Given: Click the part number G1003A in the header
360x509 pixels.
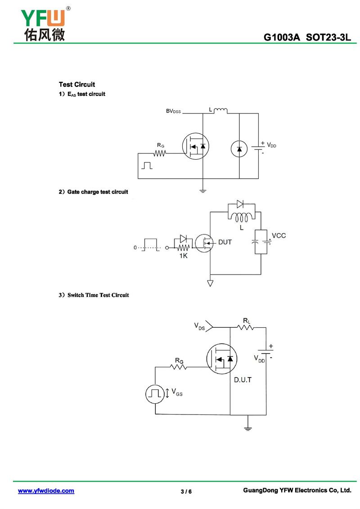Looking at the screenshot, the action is click(x=281, y=37).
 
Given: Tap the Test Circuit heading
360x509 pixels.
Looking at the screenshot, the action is click(x=77, y=85).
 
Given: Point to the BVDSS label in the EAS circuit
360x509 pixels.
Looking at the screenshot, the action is click(x=173, y=111).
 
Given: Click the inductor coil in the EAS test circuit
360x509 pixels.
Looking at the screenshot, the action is click(x=220, y=110).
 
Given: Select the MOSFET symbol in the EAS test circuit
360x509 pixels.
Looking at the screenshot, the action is click(x=195, y=146).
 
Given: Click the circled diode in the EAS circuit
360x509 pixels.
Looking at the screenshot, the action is click(x=239, y=149).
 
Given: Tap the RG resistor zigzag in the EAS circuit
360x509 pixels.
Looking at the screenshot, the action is click(x=160, y=153).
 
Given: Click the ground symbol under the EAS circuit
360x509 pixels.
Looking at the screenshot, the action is click(x=202, y=190).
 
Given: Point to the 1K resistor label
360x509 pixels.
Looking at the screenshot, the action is click(x=184, y=256).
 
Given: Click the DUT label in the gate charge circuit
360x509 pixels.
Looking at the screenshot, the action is click(x=225, y=242).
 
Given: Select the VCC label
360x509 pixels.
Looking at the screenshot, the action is click(x=279, y=235).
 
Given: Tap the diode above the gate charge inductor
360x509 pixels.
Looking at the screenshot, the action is click(x=241, y=204).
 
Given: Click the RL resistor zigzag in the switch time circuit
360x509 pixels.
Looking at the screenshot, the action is click(x=246, y=328).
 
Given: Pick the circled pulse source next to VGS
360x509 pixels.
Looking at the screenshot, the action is click(x=155, y=394).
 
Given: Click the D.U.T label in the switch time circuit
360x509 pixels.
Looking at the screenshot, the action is click(x=243, y=380).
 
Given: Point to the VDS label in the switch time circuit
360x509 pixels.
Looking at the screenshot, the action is click(x=199, y=326).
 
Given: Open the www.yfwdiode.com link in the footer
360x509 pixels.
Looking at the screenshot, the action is click(x=46, y=491).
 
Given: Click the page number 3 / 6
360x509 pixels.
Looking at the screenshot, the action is click(x=186, y=491).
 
